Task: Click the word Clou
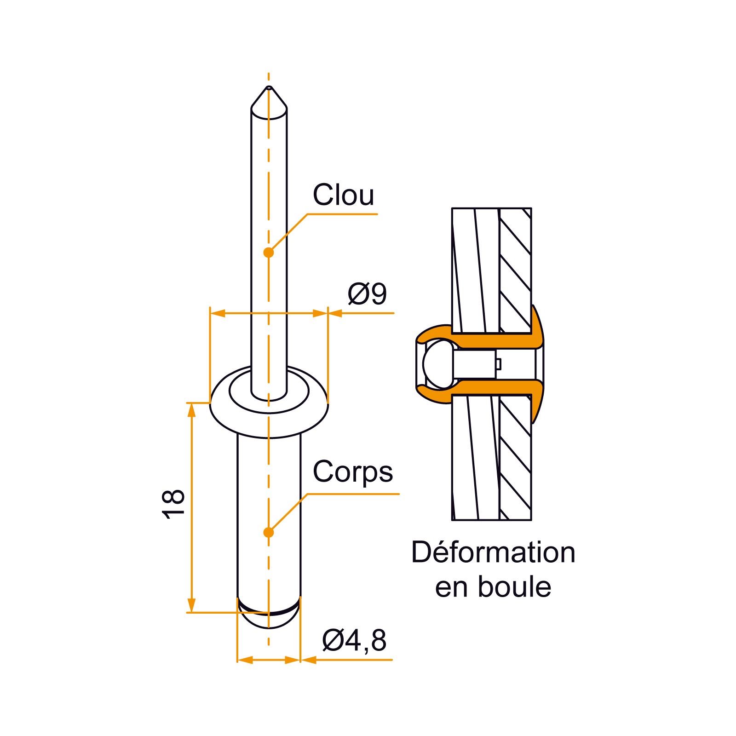[344, 195]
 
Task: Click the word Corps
[353, 472]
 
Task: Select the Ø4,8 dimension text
[354, 640]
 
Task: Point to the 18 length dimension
[173, 505]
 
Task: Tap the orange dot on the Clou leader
[269, 253]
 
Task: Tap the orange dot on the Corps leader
[269, 532]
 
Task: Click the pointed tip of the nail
[269, 87]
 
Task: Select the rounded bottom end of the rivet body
[269, 619]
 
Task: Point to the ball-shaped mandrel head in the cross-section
[437, 364]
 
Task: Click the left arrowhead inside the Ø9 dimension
[218, 313]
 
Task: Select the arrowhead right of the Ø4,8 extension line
[308, 660]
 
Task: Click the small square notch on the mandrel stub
[498, 364]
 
